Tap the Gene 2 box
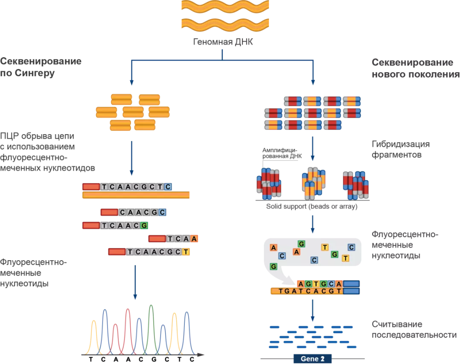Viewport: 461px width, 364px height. point(312,358)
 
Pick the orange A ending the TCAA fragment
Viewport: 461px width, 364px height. point(194,239)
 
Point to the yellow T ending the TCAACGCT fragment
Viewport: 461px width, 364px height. point(186,252)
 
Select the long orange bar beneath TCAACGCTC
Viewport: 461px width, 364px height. point(136,195)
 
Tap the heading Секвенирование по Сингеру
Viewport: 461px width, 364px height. point(41,68)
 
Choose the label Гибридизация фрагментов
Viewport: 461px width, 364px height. point(400,149)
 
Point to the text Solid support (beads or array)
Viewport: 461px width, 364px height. point(312,206)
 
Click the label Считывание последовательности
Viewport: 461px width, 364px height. point(414,330)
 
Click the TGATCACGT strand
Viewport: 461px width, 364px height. point(306,291)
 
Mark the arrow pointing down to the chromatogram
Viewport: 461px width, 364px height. point(135,282)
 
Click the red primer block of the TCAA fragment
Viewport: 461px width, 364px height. point(157,239)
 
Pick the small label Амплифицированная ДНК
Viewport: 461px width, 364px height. point(281,153)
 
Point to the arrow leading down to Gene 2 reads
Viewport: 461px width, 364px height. point(312,310)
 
